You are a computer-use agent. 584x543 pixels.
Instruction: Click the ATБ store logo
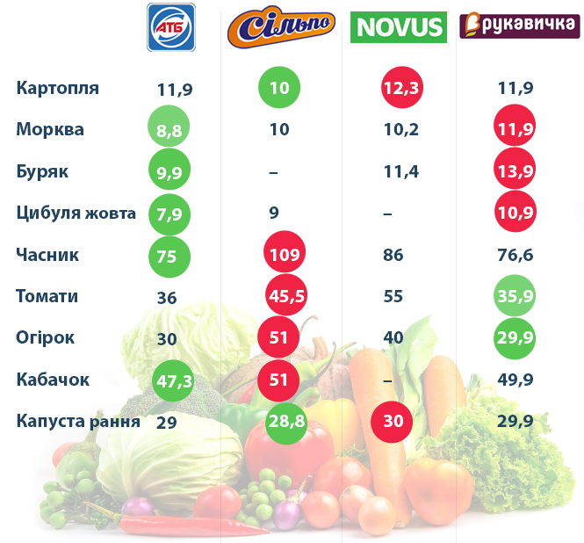pyautogui.click(x=171, y=26)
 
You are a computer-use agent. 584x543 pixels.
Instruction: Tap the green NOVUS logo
pyautogui.click(x=398, y=27)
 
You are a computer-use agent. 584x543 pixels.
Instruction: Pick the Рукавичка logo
pyautogui.click(x=513, y=26)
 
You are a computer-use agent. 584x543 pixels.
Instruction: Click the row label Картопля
pyautogui.click(x=58, y=88)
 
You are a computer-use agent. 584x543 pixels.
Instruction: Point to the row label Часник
pyautogui.click(x=47, y=255)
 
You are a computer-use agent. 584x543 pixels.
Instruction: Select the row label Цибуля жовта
pyautogui.click(x=76, y=213)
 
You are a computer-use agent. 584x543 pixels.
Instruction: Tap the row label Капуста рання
pyautogui.click(x=78, y=422)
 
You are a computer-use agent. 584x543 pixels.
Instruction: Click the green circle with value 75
pyautogui.click(x=169, y=257)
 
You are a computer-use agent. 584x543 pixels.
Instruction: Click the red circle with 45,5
pyautogui.click(x=286, y=297)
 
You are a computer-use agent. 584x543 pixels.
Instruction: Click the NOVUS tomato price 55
pyautogui.click(x=393, y=297)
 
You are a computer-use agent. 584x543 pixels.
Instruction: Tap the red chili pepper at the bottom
pyautogui.click(x=189, y=525)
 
